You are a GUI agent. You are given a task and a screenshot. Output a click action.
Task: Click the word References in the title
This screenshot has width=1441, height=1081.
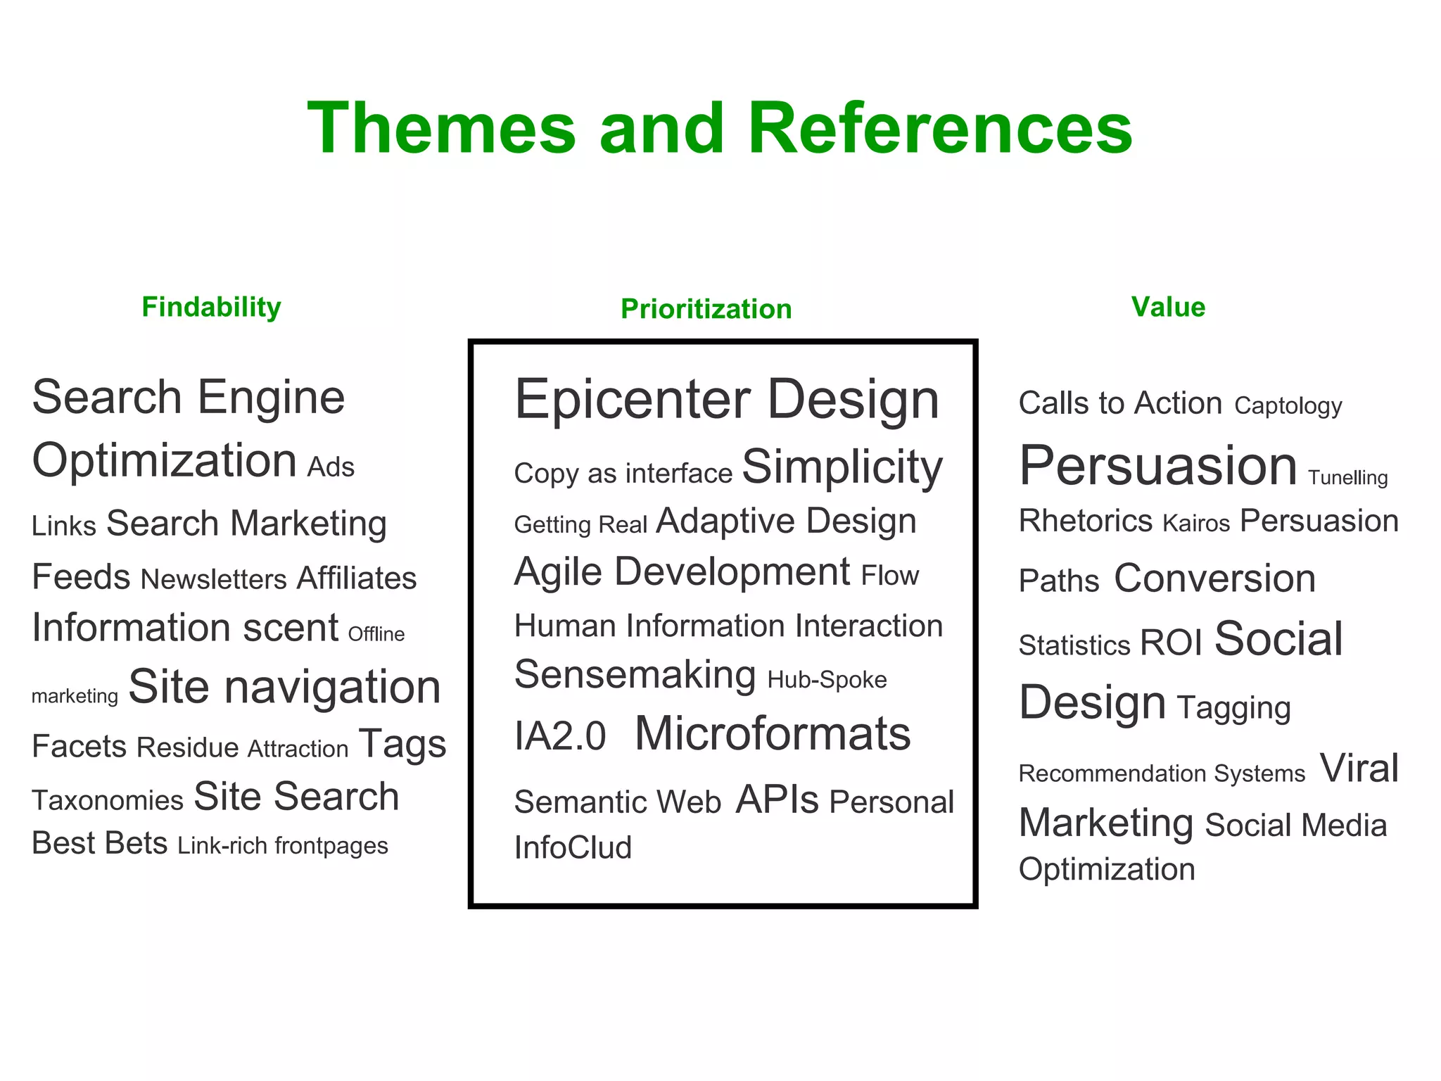[939, 128]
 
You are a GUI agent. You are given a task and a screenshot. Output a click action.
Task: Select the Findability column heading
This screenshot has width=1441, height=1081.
[211, 308]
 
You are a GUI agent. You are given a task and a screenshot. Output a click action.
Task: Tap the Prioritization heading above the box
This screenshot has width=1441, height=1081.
[706, 310]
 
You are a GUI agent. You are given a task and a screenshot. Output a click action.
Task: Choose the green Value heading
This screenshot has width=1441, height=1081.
[1168, 308]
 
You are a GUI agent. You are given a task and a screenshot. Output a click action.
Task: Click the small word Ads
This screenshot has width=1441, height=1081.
[331, 467]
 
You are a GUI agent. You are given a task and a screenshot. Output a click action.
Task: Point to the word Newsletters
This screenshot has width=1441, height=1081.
[214, 579]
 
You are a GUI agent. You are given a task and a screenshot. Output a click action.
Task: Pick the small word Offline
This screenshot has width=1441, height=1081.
[376, 634]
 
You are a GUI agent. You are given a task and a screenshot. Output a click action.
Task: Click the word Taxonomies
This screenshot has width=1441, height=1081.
[108, 801]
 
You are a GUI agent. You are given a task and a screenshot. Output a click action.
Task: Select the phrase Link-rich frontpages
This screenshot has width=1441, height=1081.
[283, 845]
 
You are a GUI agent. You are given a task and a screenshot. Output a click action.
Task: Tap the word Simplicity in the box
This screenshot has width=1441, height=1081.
[842, 467]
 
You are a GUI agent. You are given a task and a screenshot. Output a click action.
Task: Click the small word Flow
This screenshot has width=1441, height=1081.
[890, 576]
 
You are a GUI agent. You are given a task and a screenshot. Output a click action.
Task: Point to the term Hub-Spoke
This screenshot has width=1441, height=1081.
[827, 680]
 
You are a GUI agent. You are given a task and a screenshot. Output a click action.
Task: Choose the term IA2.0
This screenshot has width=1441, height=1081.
[560, 737]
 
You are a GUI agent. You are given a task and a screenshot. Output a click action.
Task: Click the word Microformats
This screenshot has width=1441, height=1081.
[773, 734]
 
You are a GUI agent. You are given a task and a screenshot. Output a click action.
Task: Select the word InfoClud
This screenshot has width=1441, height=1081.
[573, 847]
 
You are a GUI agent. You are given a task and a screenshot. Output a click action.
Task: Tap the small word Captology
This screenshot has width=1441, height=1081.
[1288, 406]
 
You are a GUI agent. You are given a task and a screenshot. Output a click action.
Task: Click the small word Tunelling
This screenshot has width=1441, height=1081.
[1347, 478]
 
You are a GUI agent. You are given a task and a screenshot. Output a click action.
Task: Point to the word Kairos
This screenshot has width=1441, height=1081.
[1196, 524]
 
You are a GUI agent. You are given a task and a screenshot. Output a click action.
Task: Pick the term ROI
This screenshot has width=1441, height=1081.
[1171, 643]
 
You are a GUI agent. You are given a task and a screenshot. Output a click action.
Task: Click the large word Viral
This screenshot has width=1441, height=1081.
[1359, 768]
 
